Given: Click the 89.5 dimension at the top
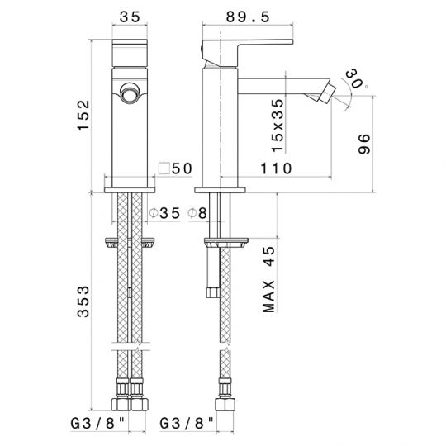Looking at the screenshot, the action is [x=248, y=17].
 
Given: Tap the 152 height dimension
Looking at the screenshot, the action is [x=83, y=115].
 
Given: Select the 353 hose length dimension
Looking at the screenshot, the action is [x=83, y=301].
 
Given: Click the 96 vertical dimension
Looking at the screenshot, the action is [x=363, y=144].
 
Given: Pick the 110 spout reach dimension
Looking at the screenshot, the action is [x=276, y=168].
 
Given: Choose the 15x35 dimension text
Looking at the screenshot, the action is [x=278, y=126].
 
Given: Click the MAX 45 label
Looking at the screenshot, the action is [x=268, y=279].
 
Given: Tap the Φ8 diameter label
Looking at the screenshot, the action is [x=197, y=213].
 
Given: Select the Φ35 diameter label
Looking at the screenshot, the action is [x=164, y=213].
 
